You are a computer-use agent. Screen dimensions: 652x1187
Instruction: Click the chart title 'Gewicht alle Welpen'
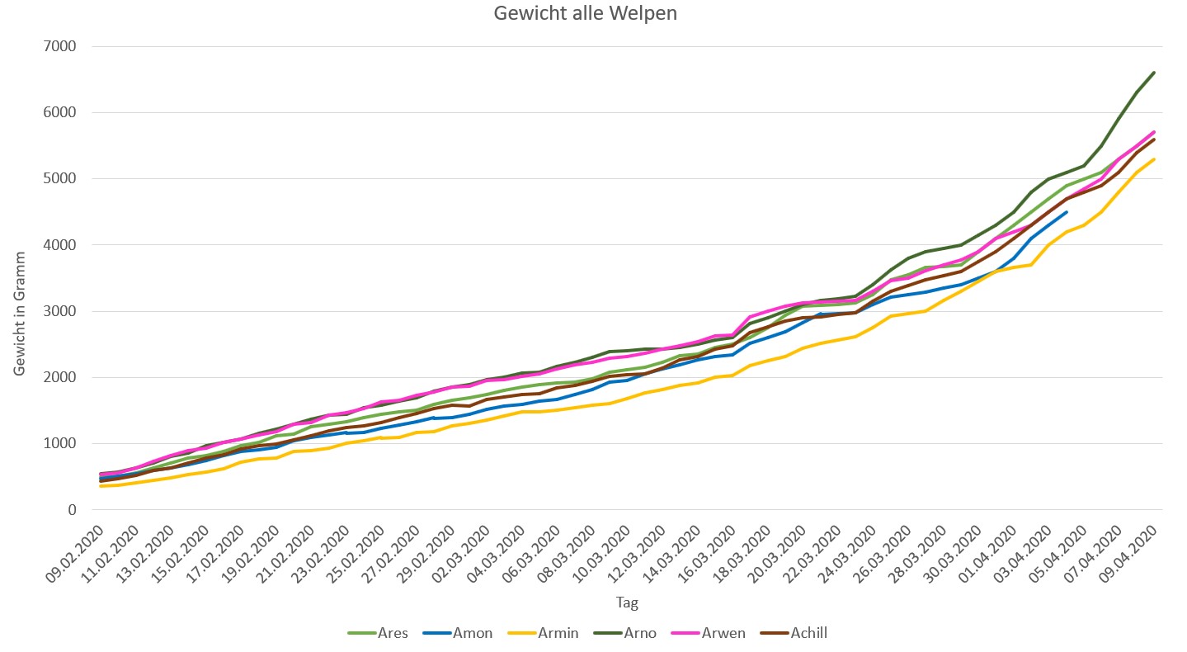coord(586,14)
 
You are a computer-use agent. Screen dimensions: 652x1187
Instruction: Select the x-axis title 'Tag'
coord(627,602)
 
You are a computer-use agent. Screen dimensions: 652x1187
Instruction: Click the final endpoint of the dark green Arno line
coord(1154,73)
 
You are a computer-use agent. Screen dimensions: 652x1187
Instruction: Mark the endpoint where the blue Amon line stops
coord(1067,212)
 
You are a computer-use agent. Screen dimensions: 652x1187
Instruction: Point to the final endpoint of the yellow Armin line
coord(1154,159)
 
